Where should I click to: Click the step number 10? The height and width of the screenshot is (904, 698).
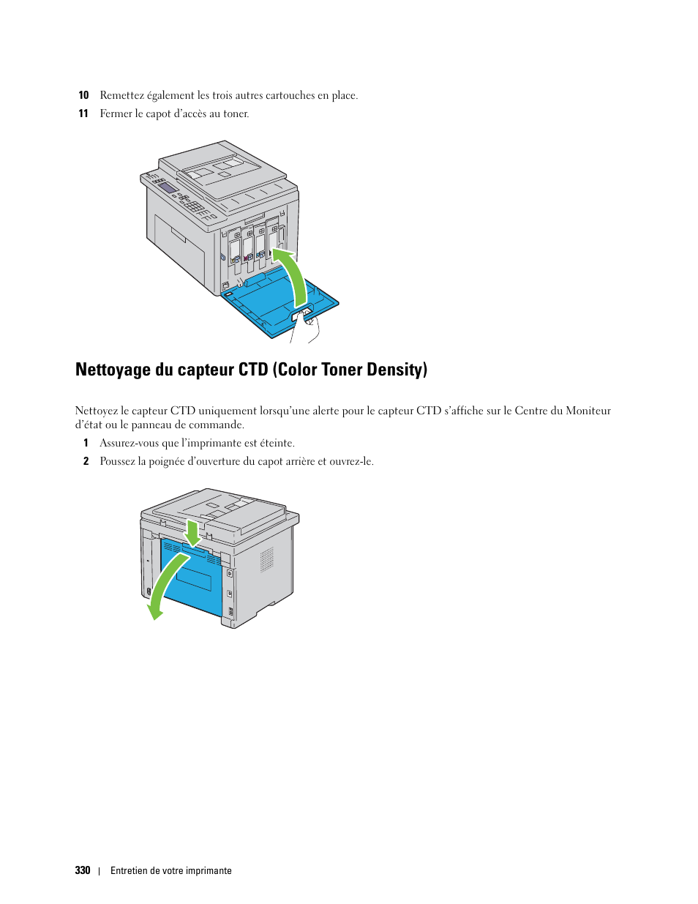point(83,95)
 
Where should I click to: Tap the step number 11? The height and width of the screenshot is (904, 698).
point(83,113)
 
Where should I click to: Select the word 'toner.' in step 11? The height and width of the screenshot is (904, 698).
point(236,113)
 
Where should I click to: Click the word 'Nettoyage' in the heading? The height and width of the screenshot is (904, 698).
point(113,370)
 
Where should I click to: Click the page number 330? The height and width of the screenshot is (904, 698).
point(83,870)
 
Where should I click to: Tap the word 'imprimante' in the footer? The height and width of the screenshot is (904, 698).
point(208,870)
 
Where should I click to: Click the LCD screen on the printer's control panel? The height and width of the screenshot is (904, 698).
point(168,188)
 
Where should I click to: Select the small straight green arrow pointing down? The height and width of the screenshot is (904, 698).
point(192,533)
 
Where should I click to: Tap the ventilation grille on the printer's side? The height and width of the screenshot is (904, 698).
point(267,559)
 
